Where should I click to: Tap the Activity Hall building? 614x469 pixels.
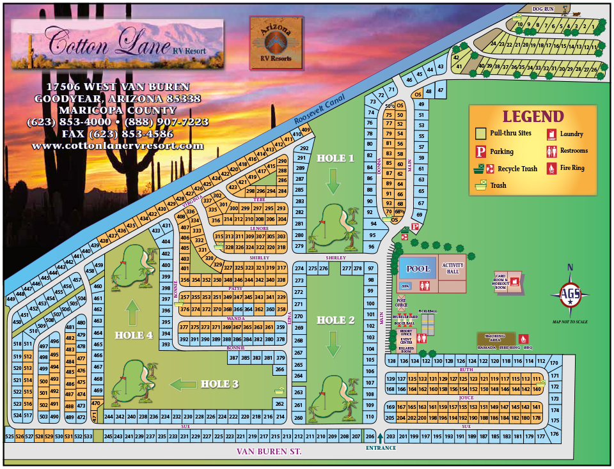(453, 267)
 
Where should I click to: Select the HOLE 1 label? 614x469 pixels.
(336, 158)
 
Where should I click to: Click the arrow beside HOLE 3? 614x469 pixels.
(182, 384)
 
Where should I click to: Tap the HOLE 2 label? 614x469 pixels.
(336, 320)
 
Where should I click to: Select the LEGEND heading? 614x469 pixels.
(533, 117)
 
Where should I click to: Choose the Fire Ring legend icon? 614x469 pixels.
(551, 168)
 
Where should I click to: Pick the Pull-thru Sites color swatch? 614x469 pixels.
(480, 134)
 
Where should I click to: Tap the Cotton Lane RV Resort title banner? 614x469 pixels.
(117, 42)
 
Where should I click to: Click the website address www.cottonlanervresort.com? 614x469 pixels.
(117, 146)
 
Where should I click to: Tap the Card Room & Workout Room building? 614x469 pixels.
(509, 281)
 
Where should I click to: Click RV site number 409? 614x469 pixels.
(306, 130)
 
